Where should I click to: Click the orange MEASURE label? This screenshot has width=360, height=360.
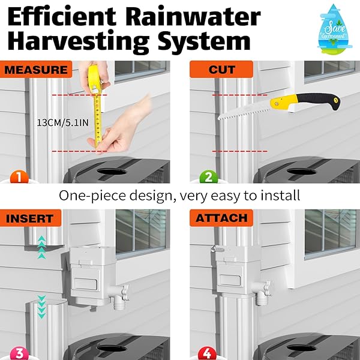tap(36, 70)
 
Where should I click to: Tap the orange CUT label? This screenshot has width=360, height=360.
tap(221, 70)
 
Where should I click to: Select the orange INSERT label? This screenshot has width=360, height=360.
tap(31, 218)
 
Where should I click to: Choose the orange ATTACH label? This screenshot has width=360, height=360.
tap(221, 218)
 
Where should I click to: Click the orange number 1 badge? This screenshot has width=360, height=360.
tap(19, 177)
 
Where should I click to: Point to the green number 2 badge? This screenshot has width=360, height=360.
tap(208, 177)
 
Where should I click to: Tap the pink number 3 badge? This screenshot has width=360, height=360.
tap(20, 354)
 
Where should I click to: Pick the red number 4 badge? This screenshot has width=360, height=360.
tap(208, 354)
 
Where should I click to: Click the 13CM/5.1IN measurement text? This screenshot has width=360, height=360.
tap(62, 122)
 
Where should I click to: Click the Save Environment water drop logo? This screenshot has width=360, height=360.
tap(335, 29)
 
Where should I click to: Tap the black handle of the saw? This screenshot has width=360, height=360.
tap(318, 101)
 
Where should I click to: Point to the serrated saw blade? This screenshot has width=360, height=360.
tap(245, 112)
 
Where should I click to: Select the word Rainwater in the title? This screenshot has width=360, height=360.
tap(193, 17)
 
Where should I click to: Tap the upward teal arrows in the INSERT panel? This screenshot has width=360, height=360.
tap(41, 247)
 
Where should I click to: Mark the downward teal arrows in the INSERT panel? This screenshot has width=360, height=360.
tap(41, 307)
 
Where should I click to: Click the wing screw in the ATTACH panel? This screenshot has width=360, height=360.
tap(217, 249)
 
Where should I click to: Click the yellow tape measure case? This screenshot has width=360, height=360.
tap(95, 79)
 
